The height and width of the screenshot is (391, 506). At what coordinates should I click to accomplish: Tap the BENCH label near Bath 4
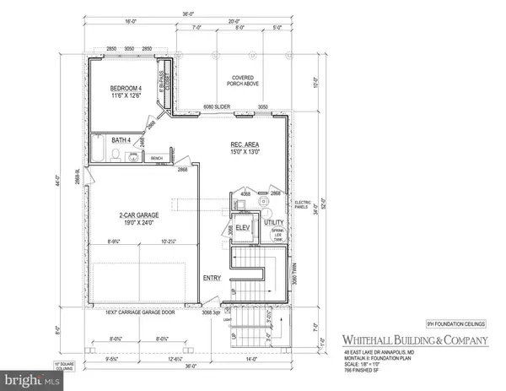click(x=156, y=158)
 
